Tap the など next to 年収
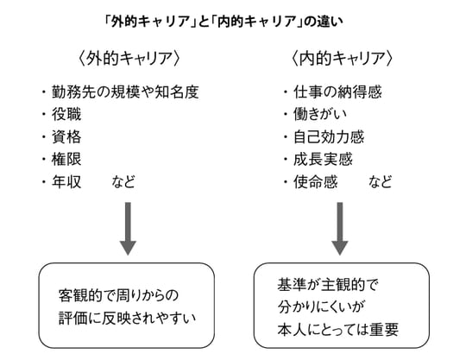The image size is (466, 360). [x=123, y=182]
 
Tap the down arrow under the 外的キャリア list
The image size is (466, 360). [x=128, y=229]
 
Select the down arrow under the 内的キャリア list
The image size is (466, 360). [x=339, y=229]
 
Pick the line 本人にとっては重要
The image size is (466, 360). [x=337, y=328]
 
